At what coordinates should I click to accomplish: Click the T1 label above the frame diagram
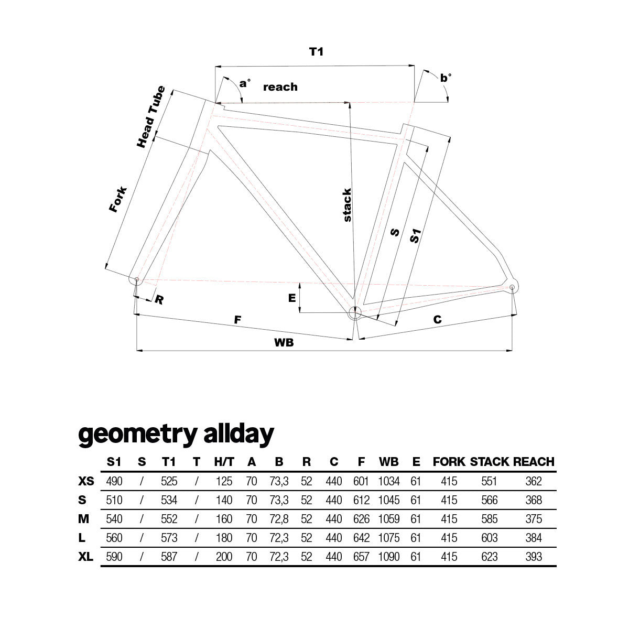tap(316, 51)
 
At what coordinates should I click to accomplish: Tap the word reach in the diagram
tap(280, 87)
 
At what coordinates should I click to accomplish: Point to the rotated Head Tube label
tap(150, 116)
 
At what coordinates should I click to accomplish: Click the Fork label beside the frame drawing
tap(117, 199)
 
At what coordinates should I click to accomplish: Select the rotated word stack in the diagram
tap(347, 204)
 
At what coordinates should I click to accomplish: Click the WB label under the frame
tap(284, 342)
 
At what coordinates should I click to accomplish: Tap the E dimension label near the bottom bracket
tap(292, 298)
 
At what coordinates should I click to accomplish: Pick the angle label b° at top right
tap(446, 78)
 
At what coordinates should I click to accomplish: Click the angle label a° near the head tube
tap(245, 83)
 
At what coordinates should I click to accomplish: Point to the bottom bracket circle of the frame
tap(355, 313)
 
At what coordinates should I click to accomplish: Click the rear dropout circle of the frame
tap(512, 287)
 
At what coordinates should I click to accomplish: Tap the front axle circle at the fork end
tap(137, 279)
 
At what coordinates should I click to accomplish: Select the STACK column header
tap(489, 462)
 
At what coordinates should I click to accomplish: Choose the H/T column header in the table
tap(224, 462)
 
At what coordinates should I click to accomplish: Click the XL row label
tap(85, 557)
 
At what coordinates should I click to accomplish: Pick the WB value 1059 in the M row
tap(389, 519)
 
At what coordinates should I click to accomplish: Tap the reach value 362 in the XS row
tap(534, 481)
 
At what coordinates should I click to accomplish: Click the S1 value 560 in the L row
tap(114, 538)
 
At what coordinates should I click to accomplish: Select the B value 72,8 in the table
tap(279, 519)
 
